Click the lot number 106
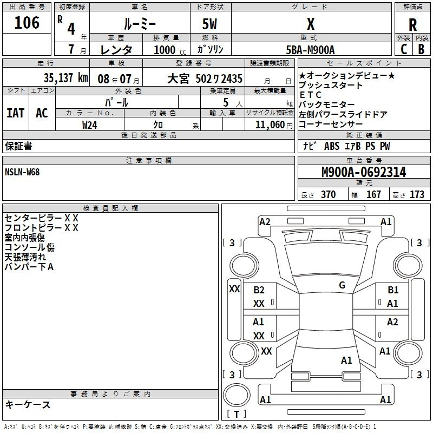coord(27,23)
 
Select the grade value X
coord(311,24)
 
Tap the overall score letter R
coord(412,25)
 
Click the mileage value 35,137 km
coord(65,78)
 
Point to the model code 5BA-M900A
coord(310,50)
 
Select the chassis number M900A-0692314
coord(364,172)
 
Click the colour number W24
coord(89,125)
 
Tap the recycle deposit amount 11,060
coord(270,125)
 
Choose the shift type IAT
coord(16,113)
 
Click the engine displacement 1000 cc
coord(170,50)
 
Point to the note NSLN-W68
coord(22,172)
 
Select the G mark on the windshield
coord(342,285)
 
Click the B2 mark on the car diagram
coord(259,290)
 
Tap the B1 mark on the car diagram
coord(393,290)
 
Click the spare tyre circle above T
coord(237,395)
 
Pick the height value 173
coord(417,194)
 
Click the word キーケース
coord(28,404)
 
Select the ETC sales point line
coord(310,95)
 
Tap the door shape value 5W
coord(209,24)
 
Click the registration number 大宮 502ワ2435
coord(205,78)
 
